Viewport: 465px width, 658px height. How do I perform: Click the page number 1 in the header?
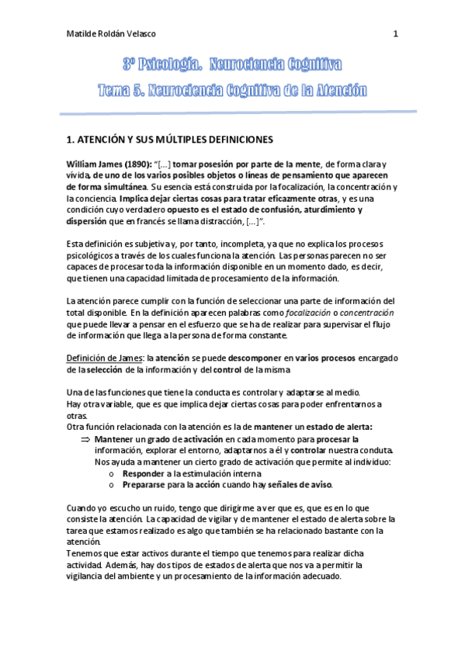click(396, 34)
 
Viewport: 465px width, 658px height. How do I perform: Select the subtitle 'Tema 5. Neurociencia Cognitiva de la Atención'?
click(232, 92)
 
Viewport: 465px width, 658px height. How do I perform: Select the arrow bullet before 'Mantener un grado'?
click(85, 439)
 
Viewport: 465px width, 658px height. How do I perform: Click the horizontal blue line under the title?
click(232, 113)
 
